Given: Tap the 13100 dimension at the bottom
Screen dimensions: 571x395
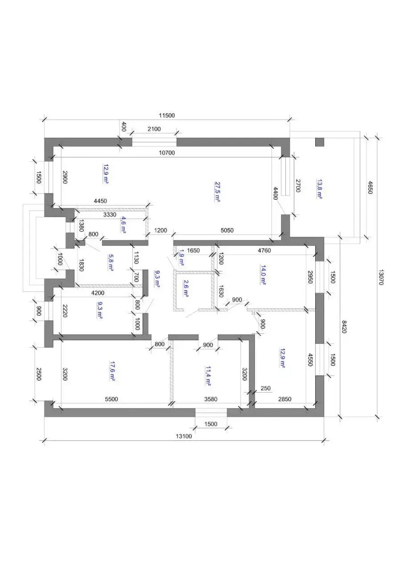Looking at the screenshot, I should tap(183, 436).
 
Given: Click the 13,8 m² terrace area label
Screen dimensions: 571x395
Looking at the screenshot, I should tap(319, 189).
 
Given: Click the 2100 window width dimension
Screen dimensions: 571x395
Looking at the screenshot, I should tap(154, 129).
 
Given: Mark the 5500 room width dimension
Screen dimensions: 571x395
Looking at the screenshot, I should tap(111, 399).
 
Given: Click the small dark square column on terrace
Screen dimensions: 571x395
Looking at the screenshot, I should tap(319, 142).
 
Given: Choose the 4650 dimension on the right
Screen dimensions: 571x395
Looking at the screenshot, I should tap(370, 186).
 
